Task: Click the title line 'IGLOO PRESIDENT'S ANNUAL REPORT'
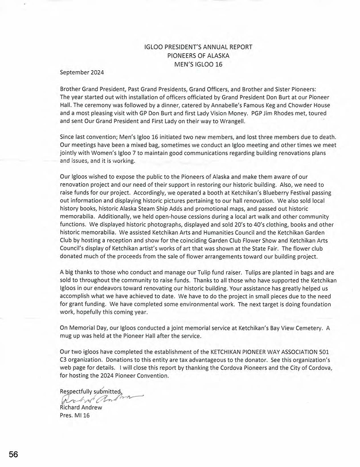coord(198,47)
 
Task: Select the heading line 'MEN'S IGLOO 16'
coord(198,64)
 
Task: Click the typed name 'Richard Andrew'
coord(81,407)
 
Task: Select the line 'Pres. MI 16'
coord(75,415)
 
